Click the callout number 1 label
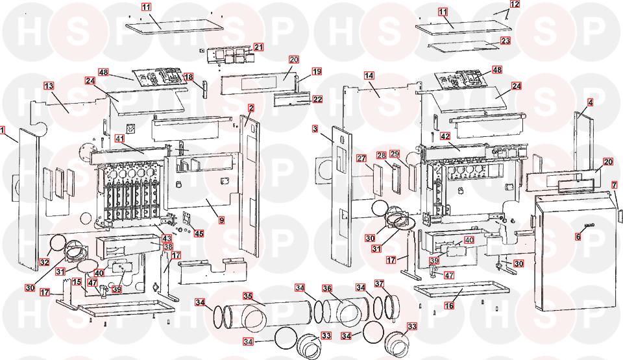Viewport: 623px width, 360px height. (3, 130)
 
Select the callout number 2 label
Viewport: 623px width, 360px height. (250, 108)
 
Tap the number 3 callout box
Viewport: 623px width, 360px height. (315, 130)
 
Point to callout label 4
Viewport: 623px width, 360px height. (590, 103)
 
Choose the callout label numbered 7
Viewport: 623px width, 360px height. (614, 186)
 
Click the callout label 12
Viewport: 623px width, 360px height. (515, 5)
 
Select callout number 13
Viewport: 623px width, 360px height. (49, 86)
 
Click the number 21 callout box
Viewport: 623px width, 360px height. (258, 47)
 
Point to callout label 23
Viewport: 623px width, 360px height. (506, 41)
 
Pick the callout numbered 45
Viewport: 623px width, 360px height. (199, 234)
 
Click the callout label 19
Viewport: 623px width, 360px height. (317, 71)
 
